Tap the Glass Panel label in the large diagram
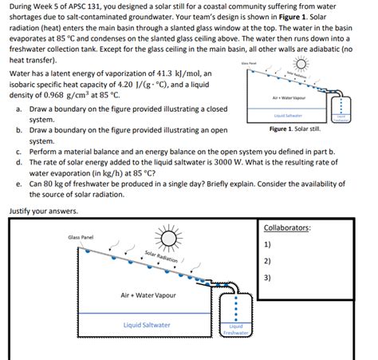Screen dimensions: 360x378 click(81, 237)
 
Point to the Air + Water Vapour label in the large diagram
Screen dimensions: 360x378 click(148, 295)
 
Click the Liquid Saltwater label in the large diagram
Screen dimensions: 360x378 click(146, 325)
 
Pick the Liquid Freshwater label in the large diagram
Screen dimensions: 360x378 click(237, 329)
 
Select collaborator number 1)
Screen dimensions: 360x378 click(268, 244)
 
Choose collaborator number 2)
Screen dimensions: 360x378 click(268, 261)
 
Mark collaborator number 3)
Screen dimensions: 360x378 click(268, 278)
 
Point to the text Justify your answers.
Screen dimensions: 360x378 click(44, 212)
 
